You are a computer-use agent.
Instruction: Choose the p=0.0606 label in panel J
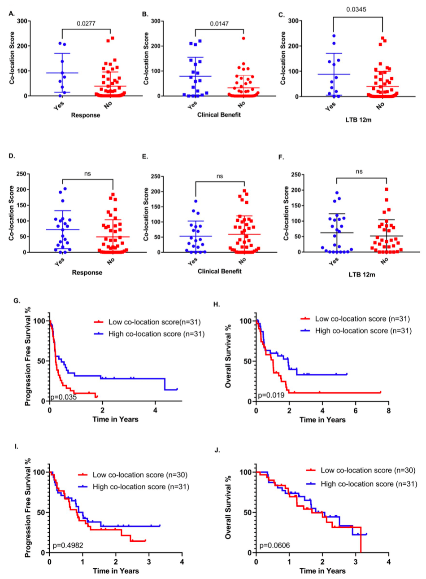[x=274, y=545]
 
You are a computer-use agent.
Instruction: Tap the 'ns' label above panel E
[x=219, y=165]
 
